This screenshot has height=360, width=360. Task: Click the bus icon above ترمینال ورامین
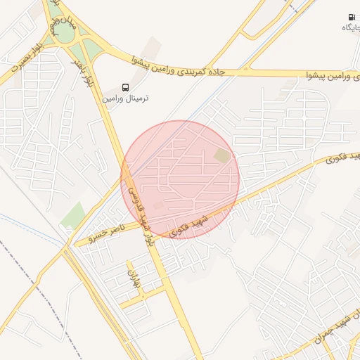pyautogui.click(x=125, y=87)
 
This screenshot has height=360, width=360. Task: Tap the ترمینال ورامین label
pyautogui.click(x=127, y=98)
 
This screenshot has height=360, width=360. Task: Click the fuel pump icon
pyautogui.click(x=351, y=17)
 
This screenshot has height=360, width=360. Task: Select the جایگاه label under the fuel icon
pyautogui.click(x=351, y=27)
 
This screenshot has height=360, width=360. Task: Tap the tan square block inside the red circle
pyautogui.click(x=221, y=155)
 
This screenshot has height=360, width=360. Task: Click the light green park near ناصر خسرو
pyautogui.click(x=72, y=215)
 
